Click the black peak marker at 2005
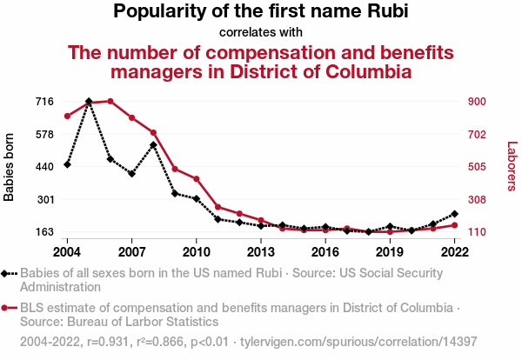[x=89, y=102]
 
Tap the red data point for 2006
[x=110, y=101]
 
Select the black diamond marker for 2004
[x=67, y=164]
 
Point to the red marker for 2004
[x=67, y=116]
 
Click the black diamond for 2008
[x=153, y=144]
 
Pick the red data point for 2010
[x=197, y=179]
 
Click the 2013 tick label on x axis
[x=261, y=251]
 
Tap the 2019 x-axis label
[x=390, y=251]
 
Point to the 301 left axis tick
[x=45, y=199]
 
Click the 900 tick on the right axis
[x=479, y=101]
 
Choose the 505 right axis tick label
[x=479, y=167]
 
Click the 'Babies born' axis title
[x=10, y=167]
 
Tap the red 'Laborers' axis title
[x=512, y=167]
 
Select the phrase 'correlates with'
[x=260, y=32]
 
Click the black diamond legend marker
[x=9, y=273]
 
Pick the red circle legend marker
[x=9, y=308]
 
